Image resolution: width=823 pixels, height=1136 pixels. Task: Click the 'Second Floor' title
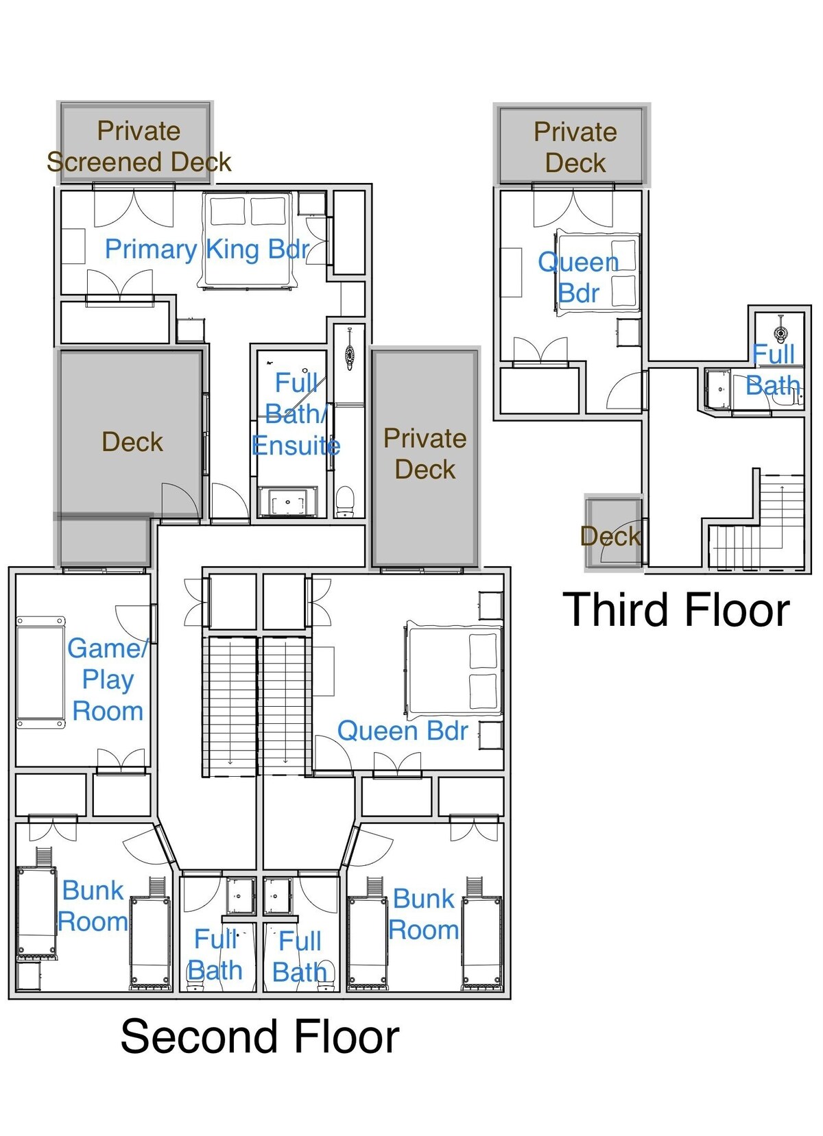pos(260,1037)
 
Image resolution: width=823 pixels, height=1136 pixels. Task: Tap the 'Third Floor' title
pos(676,609)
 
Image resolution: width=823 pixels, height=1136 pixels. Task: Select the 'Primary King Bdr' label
pos(207,250)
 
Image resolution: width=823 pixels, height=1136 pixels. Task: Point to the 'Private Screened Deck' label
pos(139,147)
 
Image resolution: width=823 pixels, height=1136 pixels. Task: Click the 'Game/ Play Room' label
pos(108,679)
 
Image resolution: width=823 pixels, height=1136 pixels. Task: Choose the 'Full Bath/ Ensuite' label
pos(296,414)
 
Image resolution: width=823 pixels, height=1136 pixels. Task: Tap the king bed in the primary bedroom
pos(248,240)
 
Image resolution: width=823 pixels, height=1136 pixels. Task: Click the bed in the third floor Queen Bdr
pos(597,272)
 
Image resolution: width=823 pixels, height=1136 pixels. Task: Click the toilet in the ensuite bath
pos(345,502)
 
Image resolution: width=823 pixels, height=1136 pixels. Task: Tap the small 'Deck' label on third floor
pos(610,536)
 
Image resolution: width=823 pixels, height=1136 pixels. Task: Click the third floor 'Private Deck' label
pos(575,147)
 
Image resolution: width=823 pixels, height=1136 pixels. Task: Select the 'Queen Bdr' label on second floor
pos(403,731)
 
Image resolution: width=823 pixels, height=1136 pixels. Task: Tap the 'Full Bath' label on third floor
pos(773,370)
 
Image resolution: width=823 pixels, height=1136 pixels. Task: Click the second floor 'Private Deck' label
pos(425,454)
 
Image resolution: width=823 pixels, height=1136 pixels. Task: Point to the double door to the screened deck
pos(134,207)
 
